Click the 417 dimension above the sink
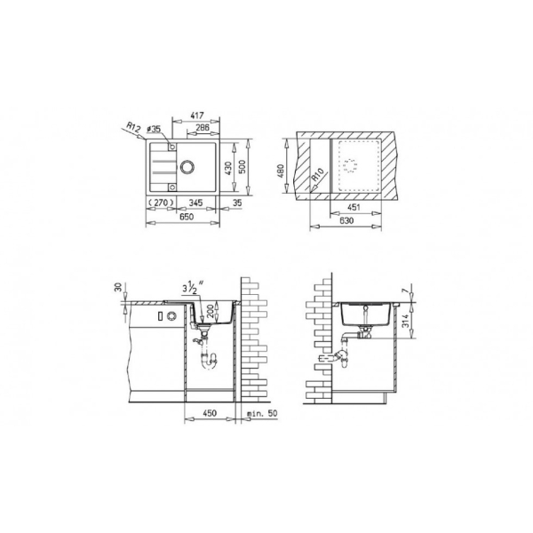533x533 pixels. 197,115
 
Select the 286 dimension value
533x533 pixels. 203,128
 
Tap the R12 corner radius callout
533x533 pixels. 133,128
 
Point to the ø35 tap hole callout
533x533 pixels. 154,129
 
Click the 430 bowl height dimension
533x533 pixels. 229,168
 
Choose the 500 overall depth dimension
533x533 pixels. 242,167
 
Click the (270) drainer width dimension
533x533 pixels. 161,203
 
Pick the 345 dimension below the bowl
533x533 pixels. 195,203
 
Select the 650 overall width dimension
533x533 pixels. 187,217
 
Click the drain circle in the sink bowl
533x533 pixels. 187,167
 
